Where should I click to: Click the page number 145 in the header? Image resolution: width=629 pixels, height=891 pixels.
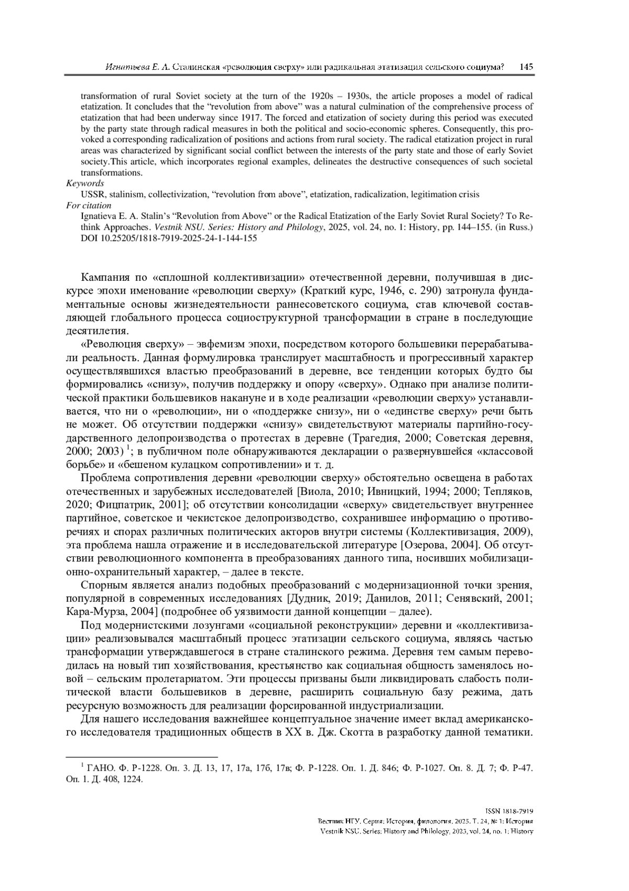(526, 67)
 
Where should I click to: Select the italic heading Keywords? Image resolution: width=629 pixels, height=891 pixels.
(85, 183)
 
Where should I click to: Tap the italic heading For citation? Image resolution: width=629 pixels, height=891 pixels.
(89, 205)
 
